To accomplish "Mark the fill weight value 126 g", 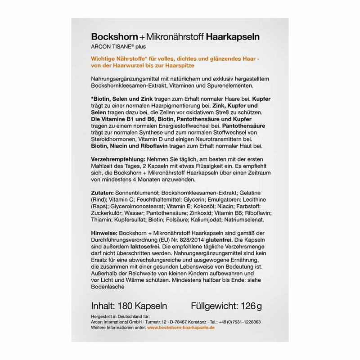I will [x=250, y=306].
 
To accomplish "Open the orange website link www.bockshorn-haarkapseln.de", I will [x=181, y=328].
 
